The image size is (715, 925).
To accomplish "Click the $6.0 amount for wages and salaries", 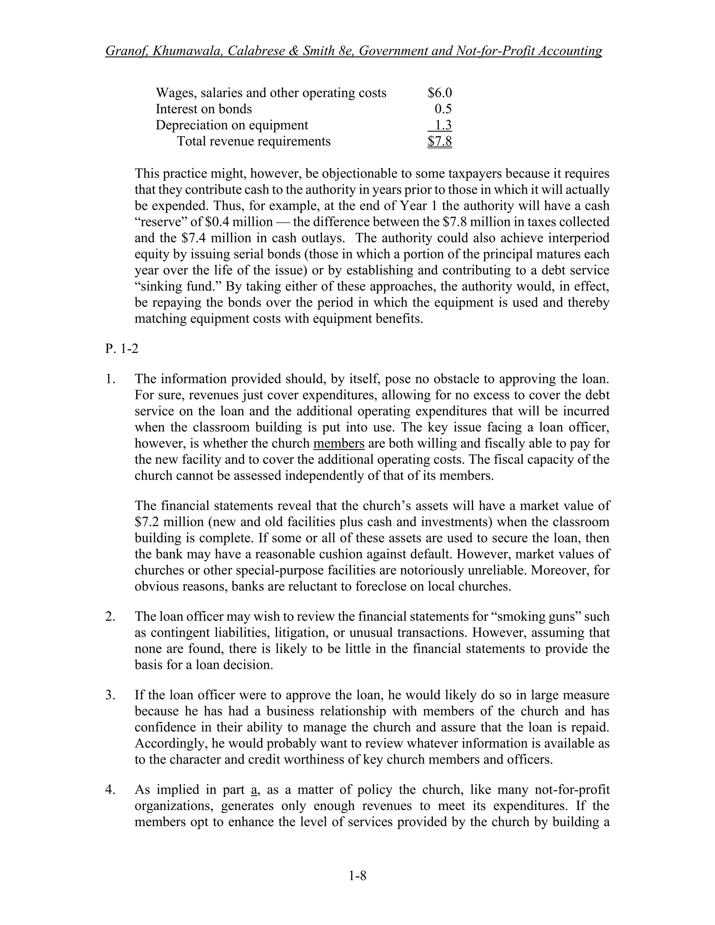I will point(440,93).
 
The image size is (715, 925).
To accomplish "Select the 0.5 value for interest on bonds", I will point(443,109).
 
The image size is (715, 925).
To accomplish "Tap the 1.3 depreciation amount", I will point(443,125).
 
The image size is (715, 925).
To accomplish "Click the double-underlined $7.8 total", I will point(440,141).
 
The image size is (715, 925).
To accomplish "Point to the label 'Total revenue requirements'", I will point(253,141).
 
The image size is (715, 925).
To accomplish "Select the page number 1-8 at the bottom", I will point(357,875).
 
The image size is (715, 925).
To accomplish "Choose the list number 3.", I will point(110,695).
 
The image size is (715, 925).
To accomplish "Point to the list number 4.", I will point(110,790).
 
